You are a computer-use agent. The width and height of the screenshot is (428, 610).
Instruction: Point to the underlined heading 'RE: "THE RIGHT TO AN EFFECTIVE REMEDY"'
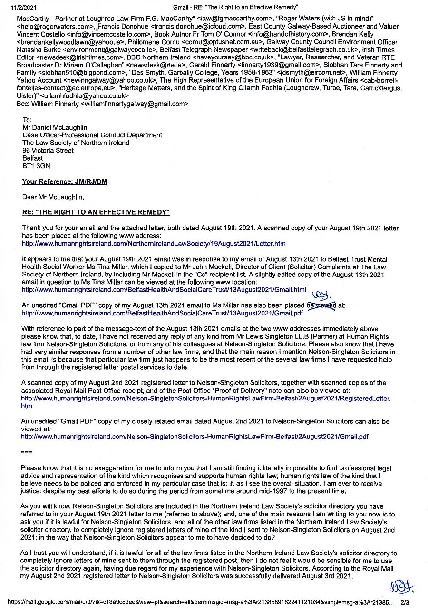click(96, 212)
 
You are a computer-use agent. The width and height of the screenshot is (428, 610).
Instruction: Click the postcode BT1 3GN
click(36, 166)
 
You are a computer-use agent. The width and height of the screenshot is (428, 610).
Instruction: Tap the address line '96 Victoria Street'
click(48, 151)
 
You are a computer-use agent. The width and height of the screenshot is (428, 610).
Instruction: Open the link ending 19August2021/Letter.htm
click(154, 244)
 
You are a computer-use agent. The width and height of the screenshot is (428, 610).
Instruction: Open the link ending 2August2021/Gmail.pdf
click(195, 436)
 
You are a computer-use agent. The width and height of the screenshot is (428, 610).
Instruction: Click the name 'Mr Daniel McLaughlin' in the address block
click(55, 127)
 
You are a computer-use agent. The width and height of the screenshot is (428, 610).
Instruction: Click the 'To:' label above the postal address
click(27, 120)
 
